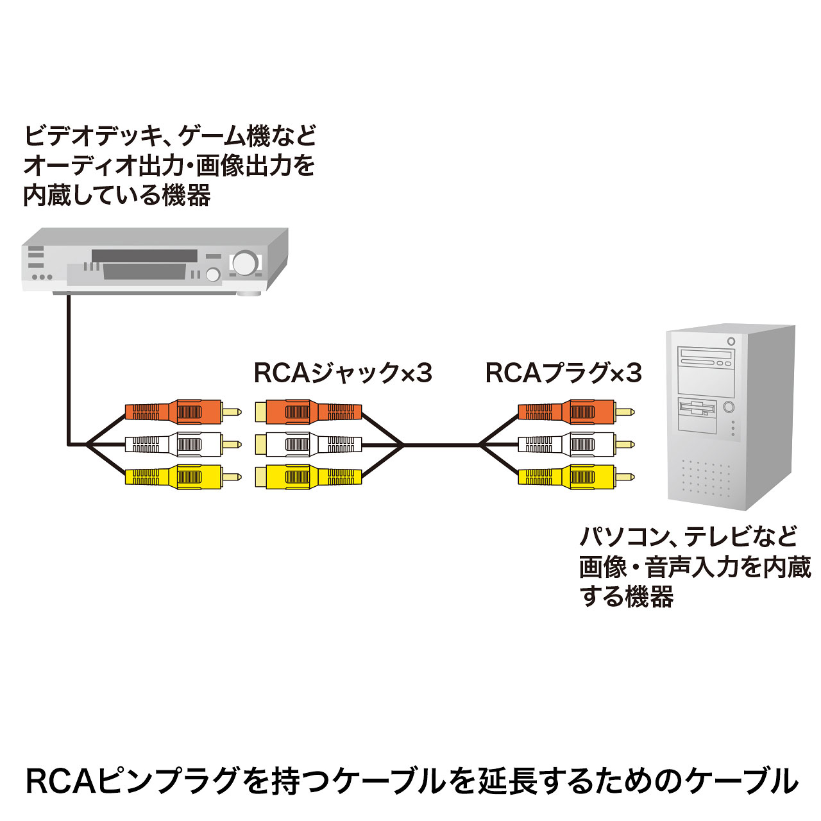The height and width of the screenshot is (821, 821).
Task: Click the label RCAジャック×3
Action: [x=343, y=373]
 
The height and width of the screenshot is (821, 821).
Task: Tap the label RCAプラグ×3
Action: [x=563, y=373]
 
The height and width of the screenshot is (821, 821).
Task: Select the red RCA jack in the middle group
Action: [x=308, y=411]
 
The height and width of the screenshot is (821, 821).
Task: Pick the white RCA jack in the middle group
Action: [x=308, y=444]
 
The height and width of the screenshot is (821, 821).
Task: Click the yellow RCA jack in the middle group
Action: [x=308, y=477]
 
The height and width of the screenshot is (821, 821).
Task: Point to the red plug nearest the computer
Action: [x=574, y=411]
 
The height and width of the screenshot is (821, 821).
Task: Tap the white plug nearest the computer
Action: [x=574, y=444]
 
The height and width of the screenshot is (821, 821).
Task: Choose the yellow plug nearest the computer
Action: [x=574, y=477]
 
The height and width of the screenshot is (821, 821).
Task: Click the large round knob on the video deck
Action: [x=244, y=262]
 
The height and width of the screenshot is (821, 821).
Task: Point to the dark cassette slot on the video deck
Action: [x=144, y=256]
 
